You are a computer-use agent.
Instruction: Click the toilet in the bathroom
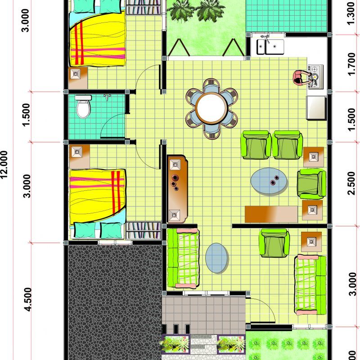(83, 107)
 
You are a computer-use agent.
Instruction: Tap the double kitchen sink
(270, 46)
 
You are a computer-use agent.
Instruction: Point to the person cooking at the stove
(300, 77)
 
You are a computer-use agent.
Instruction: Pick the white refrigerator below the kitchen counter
(316, 107)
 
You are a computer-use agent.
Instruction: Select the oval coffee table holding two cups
(270, 180)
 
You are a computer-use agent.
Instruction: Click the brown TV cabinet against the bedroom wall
(177, 189)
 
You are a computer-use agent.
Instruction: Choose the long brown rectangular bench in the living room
(271, 213)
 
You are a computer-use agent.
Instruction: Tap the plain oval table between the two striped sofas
(217, 258)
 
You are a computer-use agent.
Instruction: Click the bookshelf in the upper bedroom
(143, 8)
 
